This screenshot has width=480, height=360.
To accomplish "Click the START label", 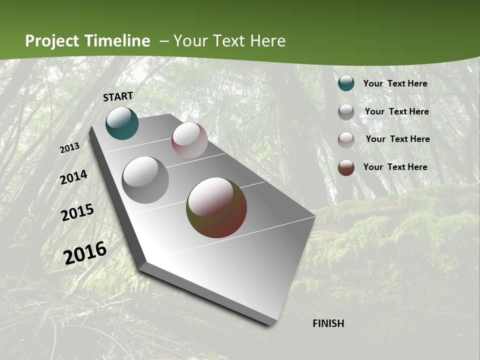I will [118, 96].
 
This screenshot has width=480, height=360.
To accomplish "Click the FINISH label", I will [328, 323].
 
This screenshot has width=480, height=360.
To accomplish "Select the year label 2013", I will [69, 148].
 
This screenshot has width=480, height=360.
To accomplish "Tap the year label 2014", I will [73, 177].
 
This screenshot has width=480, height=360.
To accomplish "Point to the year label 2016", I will [85, 252].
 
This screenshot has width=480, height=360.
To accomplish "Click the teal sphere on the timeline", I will [122, 123].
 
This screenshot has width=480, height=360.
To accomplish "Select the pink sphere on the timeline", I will [189, 140].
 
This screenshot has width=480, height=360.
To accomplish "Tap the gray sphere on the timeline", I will [145, 180].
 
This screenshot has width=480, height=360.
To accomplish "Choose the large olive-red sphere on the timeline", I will [216, 207].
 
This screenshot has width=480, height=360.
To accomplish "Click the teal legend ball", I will [346, 83].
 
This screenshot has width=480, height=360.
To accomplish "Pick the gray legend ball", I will [346, 112].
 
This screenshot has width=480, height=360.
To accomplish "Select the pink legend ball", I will [346, 140].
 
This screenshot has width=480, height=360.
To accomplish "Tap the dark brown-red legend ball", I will [346, 167].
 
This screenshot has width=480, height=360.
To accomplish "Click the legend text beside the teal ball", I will [395, 83].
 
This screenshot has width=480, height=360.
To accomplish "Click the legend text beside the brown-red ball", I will [395, 167].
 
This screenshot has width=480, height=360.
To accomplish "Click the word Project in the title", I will [52, 41].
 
